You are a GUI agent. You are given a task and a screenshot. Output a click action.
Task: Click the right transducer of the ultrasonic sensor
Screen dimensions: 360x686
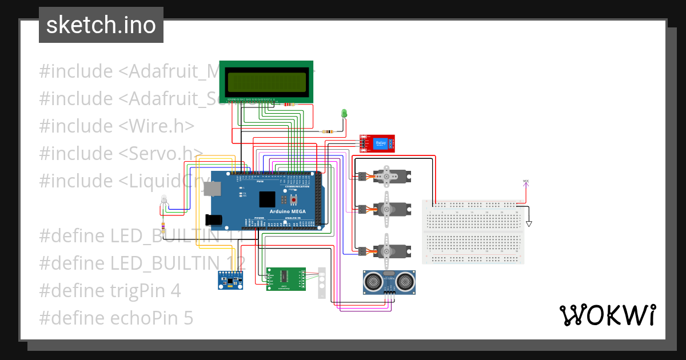[x=406, y=281]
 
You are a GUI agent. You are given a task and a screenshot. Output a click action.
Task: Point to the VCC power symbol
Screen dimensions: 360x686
[x=526, y=182]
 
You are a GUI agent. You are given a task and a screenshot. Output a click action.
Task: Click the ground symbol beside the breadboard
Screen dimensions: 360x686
[x=529, y=223]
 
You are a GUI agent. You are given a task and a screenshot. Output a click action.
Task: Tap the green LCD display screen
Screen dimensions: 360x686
[x=266, y=82]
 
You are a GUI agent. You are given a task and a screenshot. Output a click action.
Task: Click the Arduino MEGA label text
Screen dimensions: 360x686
[x=287, y=211]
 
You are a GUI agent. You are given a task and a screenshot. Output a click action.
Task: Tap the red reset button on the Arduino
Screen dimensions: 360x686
[x=295, y=199]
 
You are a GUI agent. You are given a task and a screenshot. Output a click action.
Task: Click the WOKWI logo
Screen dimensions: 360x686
[x=607, y=315]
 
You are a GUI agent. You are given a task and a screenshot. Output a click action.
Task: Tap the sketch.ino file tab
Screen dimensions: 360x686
[x=101, y=25]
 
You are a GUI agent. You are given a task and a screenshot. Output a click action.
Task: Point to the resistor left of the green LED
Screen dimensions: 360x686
[x=328, y=131]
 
